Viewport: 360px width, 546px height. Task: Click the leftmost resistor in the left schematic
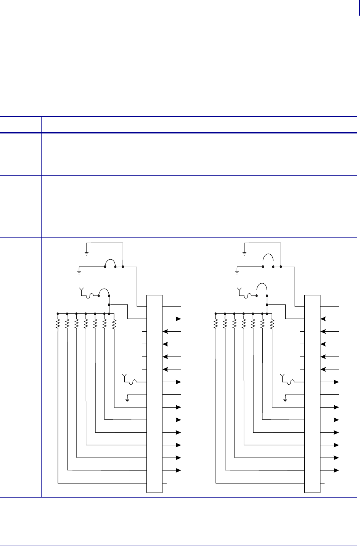click(x=58, y=324)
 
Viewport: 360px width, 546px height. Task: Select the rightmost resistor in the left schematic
click(x=114, y=324)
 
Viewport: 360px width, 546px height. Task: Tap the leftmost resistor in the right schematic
click(x=215, y=324)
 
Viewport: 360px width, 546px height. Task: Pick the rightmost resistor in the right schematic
click(x=272, y=324)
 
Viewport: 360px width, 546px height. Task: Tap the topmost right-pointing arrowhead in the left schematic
click(x=178, y=319)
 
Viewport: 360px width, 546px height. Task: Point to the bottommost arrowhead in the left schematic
click(x=178, y=470)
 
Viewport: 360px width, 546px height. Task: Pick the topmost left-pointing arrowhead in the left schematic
click(x=165, y=331)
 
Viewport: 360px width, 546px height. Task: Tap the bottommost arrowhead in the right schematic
click(x=336, y=470)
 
